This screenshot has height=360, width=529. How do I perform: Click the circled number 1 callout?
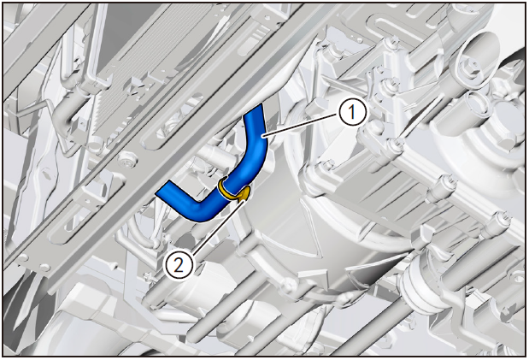pyautogui.click(x=352, y=112)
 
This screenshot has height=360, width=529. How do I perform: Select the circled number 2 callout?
pyautogui.click(x=178, y=265)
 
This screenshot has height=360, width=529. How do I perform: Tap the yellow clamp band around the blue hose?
pyautogui.click(x=226, y=190)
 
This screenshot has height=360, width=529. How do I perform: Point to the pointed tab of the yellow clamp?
pyautogui.click(x=245, y=194)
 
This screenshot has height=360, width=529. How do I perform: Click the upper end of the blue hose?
pyautogui.click(x=254, y=109)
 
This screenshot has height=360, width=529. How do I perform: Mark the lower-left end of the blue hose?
pyautogui.click(x=162, y=188)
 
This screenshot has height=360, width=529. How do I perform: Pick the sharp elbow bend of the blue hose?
pyautogui.click(x=201, y=213)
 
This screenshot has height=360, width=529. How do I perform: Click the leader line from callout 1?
pyautogui.click(x=301, y=126)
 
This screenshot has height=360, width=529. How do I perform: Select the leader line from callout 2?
pyautogui.click(x=217, y=226)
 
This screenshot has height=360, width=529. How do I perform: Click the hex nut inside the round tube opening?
pyautogui.click(x=470, y=64)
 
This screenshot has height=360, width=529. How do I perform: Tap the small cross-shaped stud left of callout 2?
pyautogui.click(x=148, y=277)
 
